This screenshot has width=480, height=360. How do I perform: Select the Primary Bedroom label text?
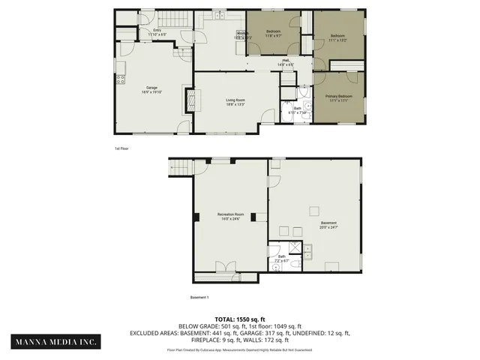(338, 97)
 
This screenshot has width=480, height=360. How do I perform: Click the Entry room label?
(157, 30)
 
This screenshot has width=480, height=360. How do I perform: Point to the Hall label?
(285, 60)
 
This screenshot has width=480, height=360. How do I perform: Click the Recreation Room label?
(231, 214)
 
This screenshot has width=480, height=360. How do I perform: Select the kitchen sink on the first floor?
(218, 16)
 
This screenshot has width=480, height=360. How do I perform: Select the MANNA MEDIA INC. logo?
(57, 342)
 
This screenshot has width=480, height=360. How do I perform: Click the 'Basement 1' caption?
(178, 297)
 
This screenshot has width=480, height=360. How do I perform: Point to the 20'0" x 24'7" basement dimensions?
(329, 226)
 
